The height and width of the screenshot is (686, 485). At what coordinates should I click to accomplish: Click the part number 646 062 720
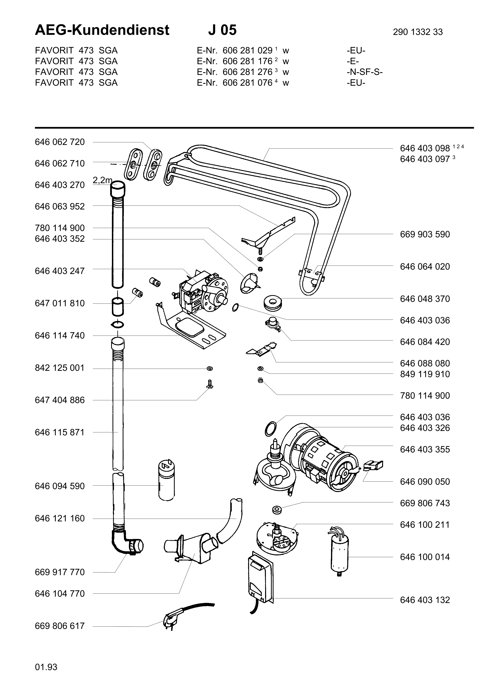60,142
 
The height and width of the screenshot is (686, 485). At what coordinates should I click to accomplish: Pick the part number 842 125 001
60,368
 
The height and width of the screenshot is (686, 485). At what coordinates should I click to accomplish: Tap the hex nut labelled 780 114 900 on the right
260,380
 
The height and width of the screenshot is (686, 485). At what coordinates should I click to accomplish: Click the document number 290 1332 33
418,32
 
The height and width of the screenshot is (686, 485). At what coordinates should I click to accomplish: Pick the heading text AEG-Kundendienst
102,30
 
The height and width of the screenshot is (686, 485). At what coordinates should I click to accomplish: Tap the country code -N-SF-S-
364,72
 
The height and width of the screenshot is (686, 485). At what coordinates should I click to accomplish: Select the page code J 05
222,30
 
